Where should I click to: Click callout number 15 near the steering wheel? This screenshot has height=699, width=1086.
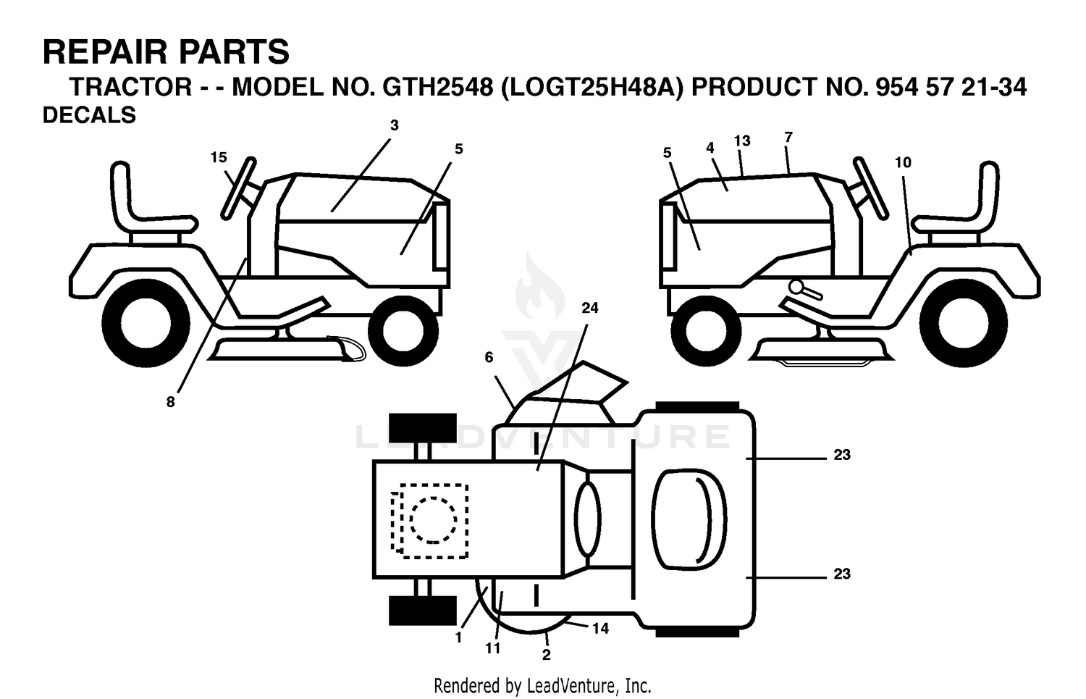[x=219, y=157]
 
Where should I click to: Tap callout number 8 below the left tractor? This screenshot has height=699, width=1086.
[x=171, y=401]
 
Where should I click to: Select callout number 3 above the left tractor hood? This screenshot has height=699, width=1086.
[x=394, y=125]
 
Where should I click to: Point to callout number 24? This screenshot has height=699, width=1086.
[x=590, y=308]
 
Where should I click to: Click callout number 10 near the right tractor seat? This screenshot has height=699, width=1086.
[x=904, y=162]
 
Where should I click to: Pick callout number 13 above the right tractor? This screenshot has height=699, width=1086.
[x=742, y=141]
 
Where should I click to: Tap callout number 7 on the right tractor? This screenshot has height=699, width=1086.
[x=788, y=138]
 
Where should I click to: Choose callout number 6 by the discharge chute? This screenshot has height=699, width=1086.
[x=489, y=358]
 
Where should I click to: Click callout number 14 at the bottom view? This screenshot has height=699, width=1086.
[x=600, y=629]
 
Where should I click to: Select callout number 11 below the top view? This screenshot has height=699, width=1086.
[x=492, y=648]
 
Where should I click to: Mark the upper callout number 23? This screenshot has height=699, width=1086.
[x=842, y=454]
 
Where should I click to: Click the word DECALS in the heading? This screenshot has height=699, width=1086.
[x=89, y=115]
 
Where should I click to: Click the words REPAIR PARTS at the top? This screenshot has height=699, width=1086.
[x=166, y=52]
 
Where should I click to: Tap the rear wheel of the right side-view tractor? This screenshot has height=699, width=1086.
[x=963, y=323]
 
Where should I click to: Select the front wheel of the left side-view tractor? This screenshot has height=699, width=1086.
[x=403, y=331]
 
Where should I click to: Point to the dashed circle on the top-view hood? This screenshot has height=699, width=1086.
[x=433, y=519]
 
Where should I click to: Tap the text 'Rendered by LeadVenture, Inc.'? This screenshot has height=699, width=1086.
[x=542, y=686]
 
